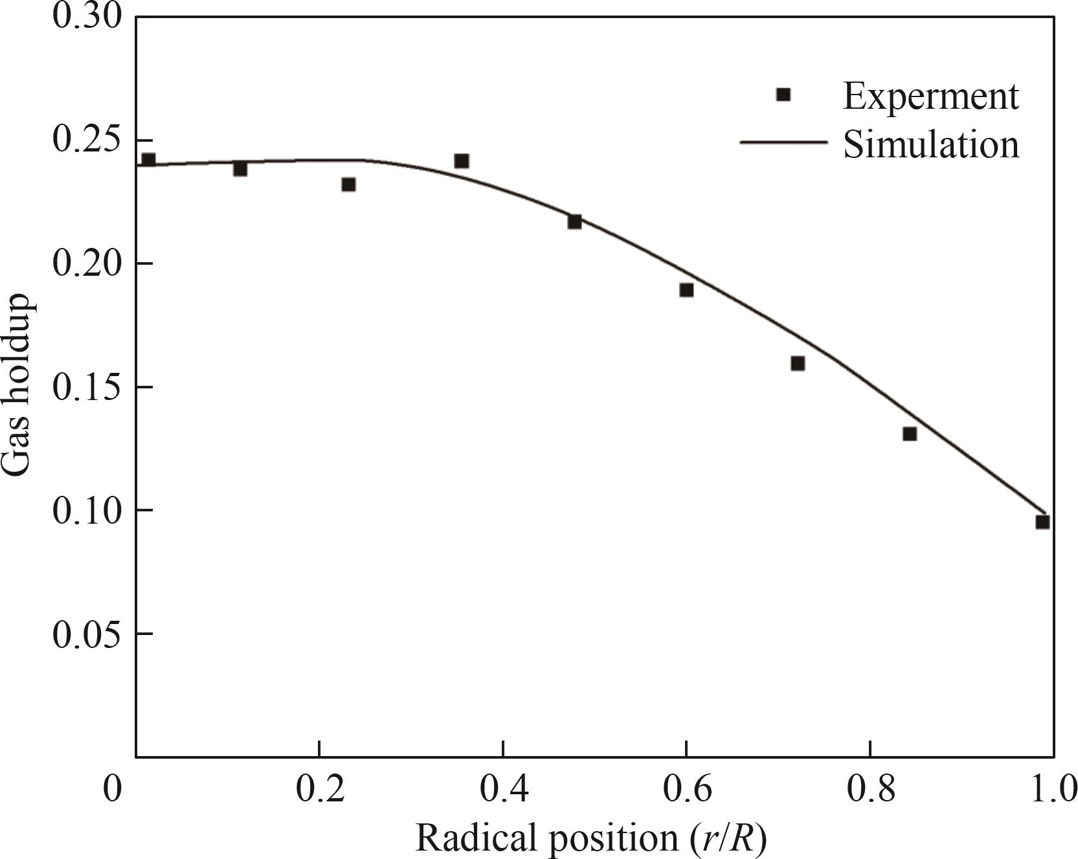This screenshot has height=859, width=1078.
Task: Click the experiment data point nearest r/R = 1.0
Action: [1042, 522]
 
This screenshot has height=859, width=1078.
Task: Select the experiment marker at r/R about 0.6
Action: [686, 290]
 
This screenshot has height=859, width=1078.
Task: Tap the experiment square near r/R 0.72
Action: [798, 364]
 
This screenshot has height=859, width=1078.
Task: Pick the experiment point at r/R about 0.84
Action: [910, 434]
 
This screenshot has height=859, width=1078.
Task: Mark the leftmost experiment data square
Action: [148, 160]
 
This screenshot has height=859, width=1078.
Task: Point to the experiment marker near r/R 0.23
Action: [348, 184]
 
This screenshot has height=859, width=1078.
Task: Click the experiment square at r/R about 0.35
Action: [461, 161]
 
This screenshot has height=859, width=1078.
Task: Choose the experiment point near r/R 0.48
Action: [574, 222]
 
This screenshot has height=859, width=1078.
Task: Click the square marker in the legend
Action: [783, 95]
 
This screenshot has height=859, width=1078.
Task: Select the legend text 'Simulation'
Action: [931, 144]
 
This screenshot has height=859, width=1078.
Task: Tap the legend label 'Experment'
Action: [931, 96]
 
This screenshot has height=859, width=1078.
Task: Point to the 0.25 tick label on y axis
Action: [87, 140]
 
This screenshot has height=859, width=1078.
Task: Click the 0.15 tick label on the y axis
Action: [87, 387]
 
